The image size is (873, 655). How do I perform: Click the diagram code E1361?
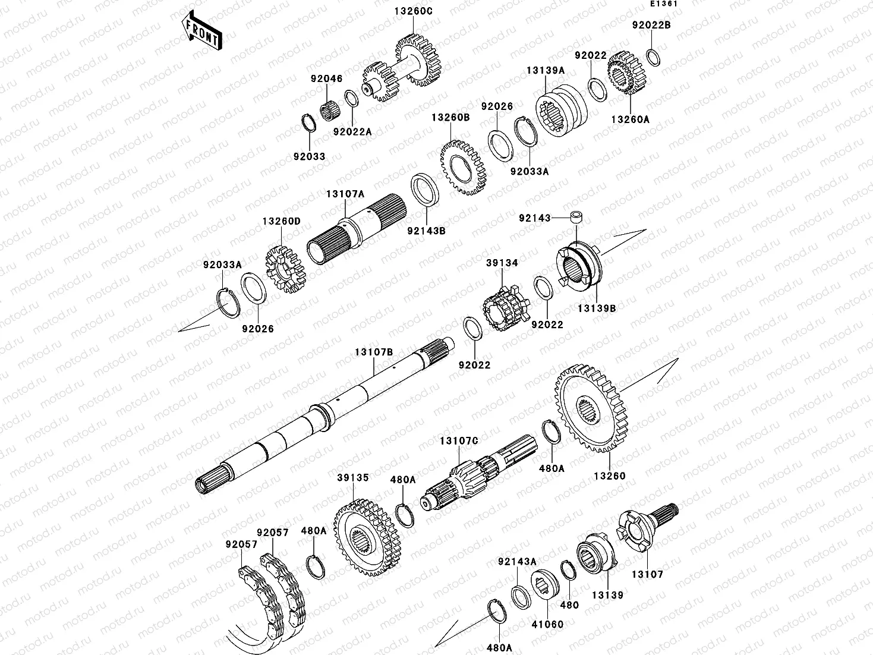pos(663,4)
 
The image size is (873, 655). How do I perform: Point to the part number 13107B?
pos(374,352)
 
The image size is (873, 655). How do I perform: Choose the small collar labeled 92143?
pos(576,219)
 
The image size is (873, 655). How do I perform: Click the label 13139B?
pos(596,308)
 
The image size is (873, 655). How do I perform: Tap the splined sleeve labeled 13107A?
pos(355,231)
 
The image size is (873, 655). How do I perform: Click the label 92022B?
pos(651,26)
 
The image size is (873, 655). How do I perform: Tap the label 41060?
pos(547,624)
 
